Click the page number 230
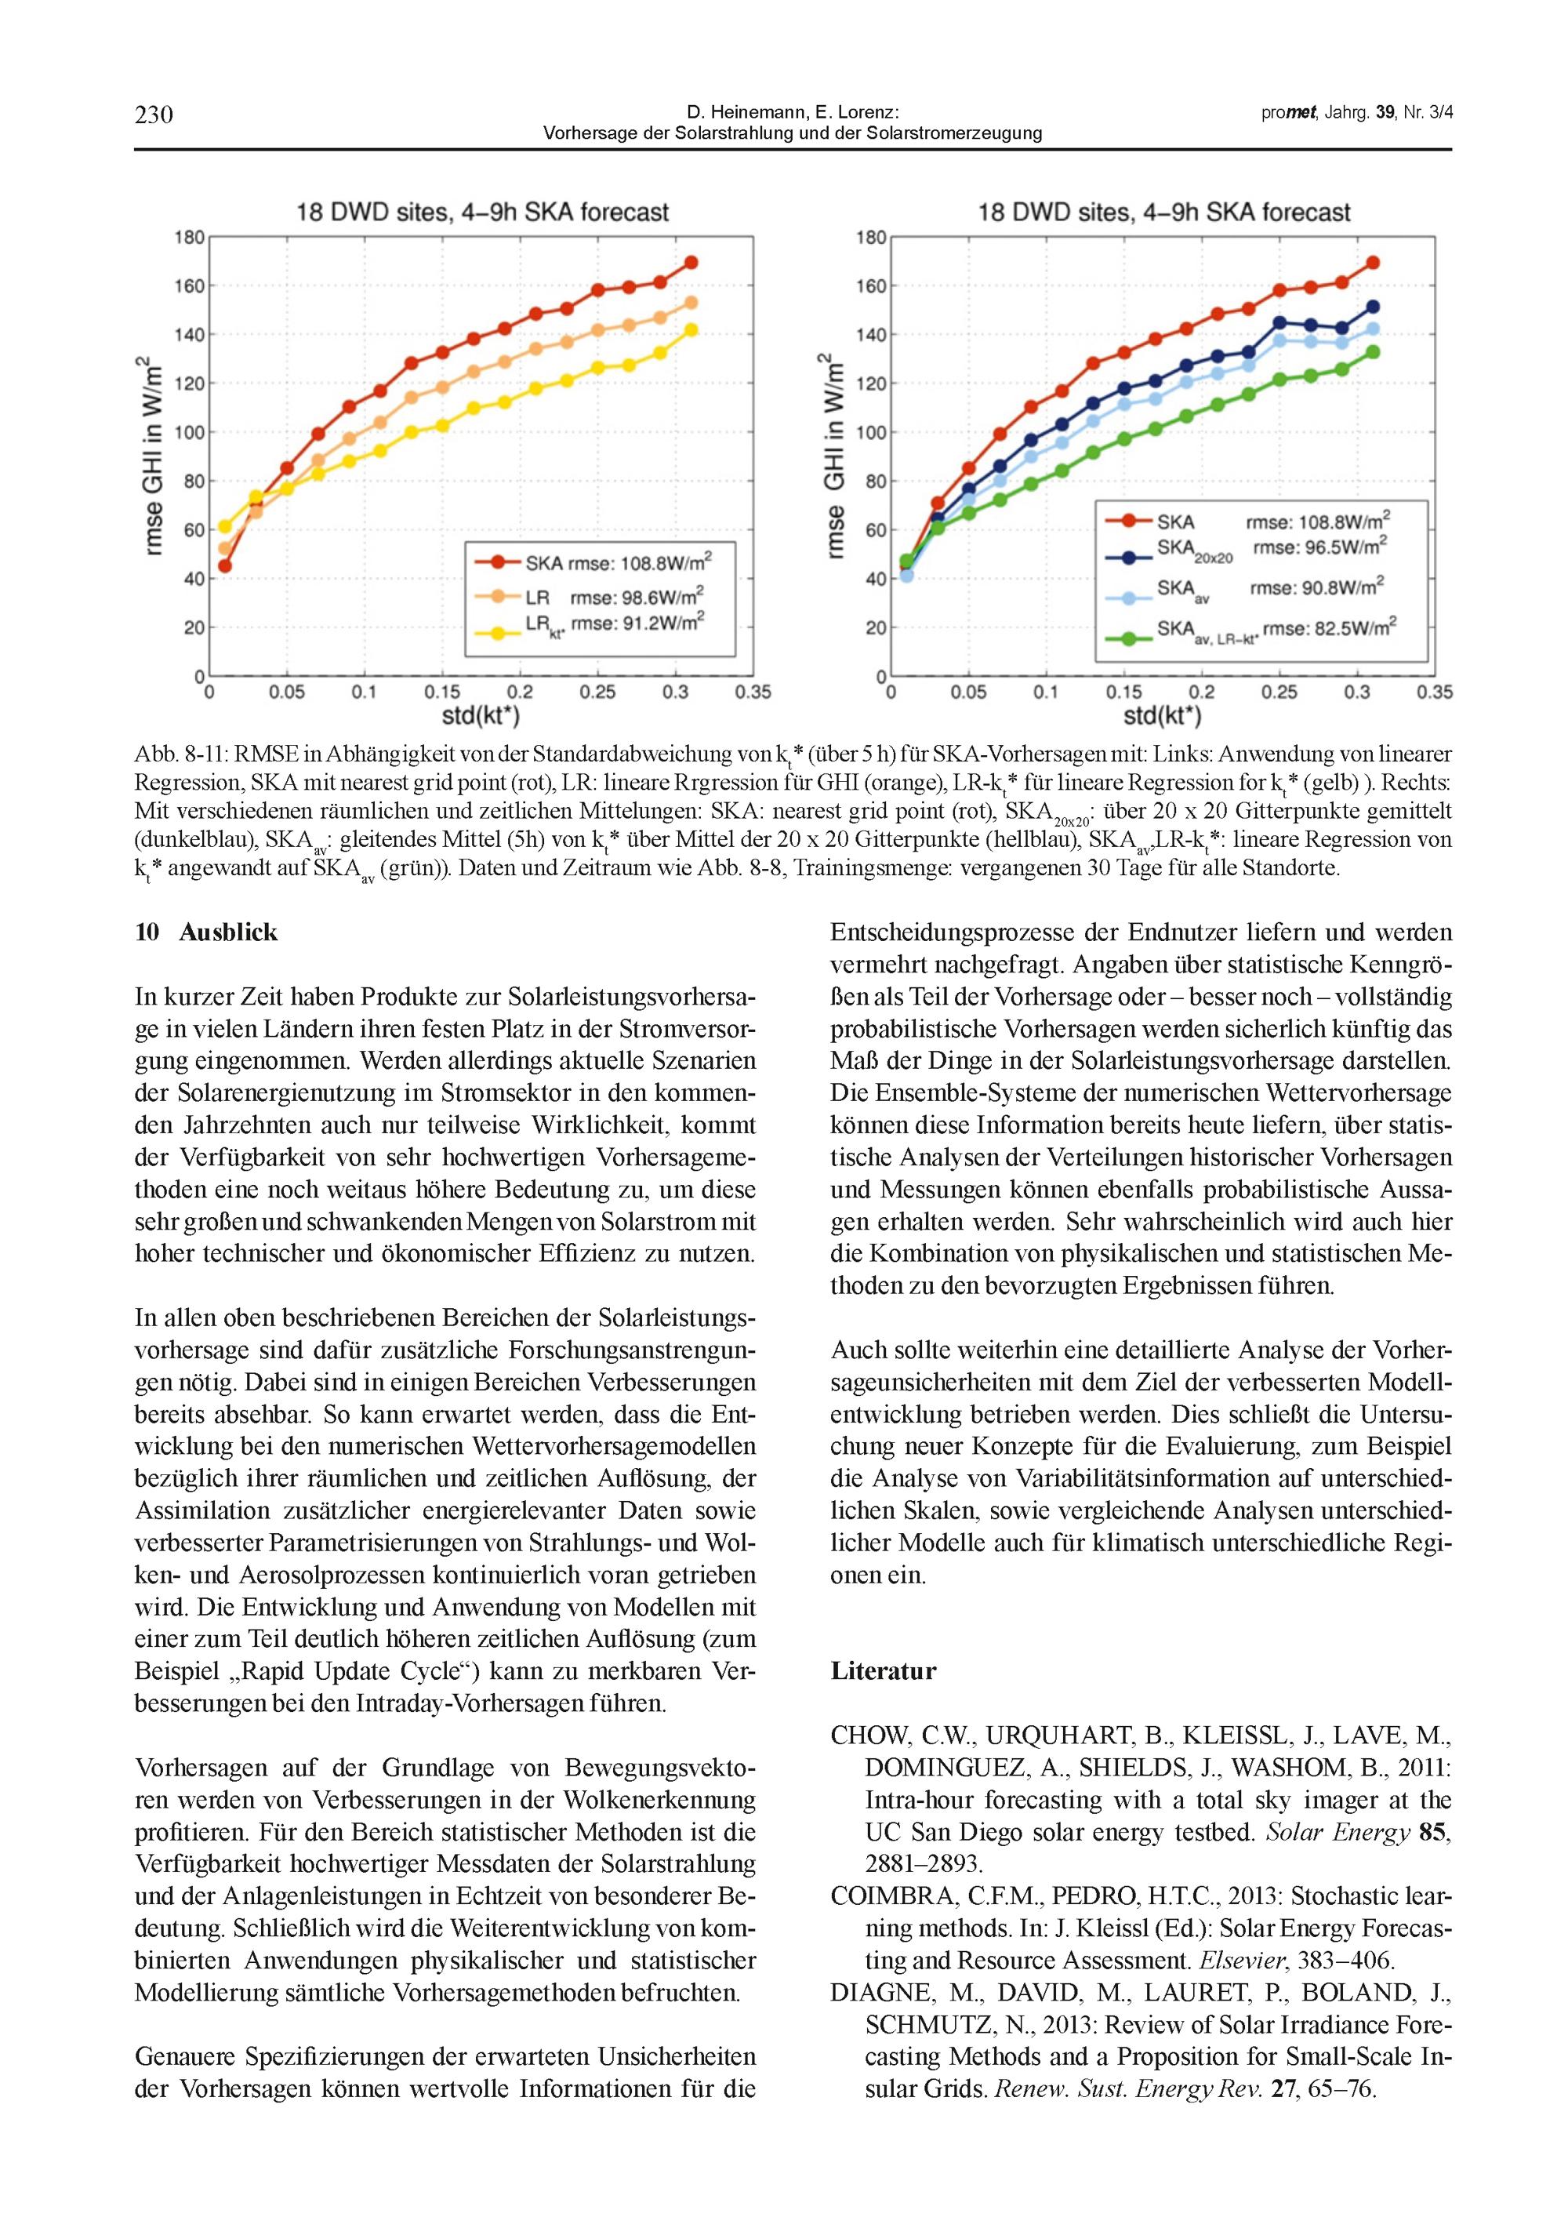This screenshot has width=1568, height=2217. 154,115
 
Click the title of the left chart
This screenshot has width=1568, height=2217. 482,213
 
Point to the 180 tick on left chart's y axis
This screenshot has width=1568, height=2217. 189,238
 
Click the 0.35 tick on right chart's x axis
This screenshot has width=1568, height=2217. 1435,692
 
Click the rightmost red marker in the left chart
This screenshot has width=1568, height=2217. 691,263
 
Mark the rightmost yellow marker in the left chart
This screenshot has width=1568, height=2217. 691,330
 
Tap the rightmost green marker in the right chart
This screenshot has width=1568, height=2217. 1373,352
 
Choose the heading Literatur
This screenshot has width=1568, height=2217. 884,1671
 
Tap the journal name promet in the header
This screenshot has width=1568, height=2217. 1289,113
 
